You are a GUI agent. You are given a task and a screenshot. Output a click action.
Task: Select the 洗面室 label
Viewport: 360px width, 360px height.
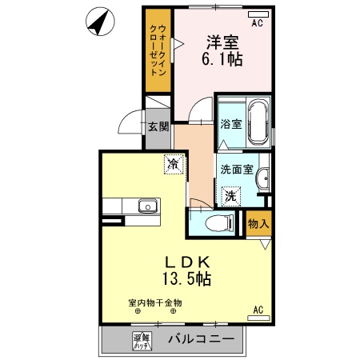237,170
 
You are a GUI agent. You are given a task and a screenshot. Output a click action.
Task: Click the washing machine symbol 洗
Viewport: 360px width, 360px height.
230,195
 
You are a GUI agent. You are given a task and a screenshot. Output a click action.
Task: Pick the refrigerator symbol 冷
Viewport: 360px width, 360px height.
172,164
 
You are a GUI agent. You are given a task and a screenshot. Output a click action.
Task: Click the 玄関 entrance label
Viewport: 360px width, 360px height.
158,126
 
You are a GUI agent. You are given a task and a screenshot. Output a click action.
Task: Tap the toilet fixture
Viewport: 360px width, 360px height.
216,223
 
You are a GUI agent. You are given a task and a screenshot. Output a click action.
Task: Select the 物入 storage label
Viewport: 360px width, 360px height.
257,223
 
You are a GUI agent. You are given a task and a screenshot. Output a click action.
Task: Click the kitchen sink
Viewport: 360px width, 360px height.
147,206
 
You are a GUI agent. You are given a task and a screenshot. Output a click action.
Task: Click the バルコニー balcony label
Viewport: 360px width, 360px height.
201,339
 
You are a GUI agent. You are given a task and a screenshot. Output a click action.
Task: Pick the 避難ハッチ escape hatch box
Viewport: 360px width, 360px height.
142,341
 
